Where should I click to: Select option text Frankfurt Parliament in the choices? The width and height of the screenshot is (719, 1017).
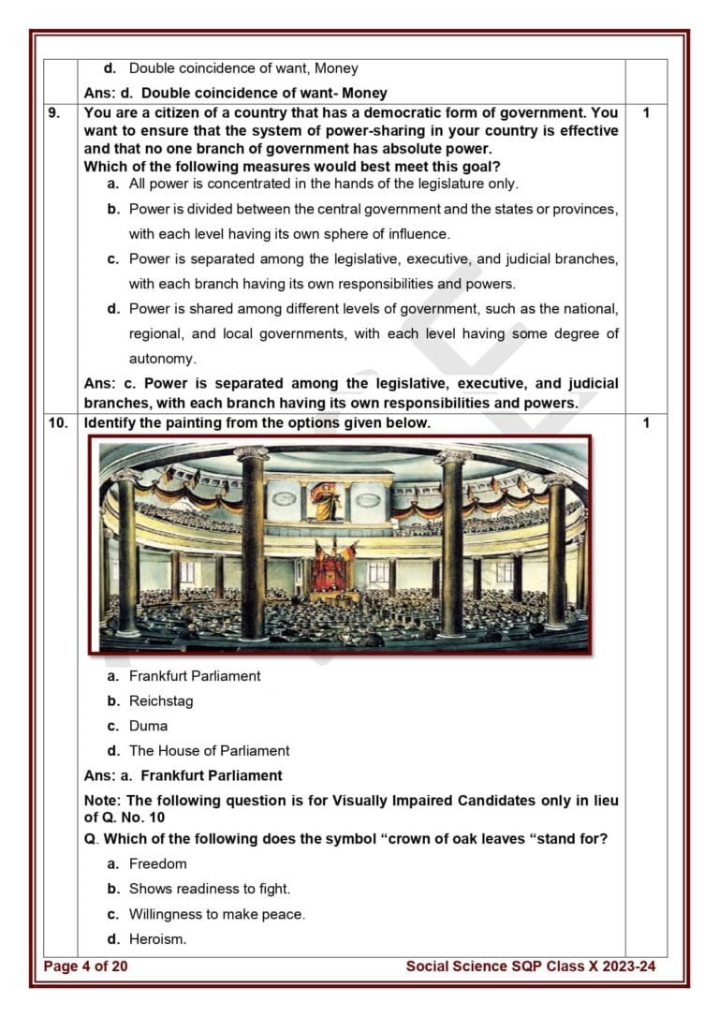(195, 676)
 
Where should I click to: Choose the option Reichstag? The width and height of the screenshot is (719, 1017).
(161, 700)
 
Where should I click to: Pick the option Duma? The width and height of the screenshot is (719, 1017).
(149, 726)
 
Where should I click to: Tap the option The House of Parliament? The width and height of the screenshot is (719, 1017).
(209, 750)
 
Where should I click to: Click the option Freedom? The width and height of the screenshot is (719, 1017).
(157, 863)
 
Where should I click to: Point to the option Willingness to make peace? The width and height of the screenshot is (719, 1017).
(216, 914)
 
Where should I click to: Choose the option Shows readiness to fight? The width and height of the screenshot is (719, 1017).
(210, 889)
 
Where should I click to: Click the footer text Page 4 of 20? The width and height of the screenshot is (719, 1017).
(85, 966)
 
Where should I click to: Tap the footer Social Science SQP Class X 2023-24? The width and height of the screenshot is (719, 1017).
(531, 966)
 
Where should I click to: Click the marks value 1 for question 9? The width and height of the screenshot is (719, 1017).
(646, 112)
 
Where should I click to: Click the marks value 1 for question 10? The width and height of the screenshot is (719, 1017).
(646, 423)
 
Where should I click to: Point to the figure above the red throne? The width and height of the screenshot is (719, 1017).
(327, 502)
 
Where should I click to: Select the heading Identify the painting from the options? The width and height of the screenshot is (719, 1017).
(257, 423)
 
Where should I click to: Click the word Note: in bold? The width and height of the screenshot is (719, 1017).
(102, 801)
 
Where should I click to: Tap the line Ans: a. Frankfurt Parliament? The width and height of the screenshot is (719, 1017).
(183, 775)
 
